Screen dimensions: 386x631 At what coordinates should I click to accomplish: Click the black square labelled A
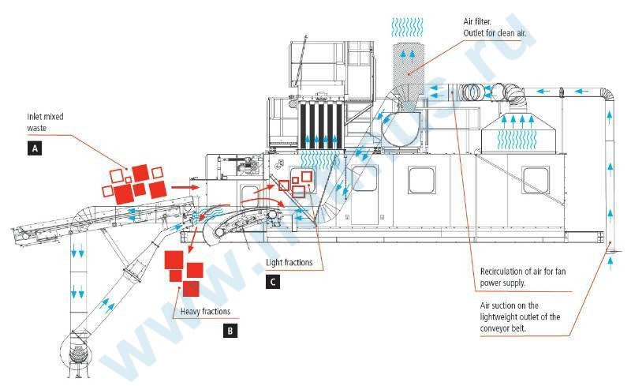pos(33,147)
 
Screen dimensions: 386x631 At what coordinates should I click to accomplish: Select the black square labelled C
pos(273,279)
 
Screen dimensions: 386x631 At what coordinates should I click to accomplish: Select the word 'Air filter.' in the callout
pos(480,22)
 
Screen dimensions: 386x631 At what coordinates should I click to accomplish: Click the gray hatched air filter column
pos(408,72)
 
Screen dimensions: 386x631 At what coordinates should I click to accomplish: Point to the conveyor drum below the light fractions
pos(221,229)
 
